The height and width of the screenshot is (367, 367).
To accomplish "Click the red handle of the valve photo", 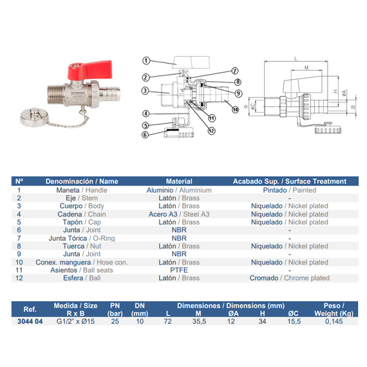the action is point(90,70).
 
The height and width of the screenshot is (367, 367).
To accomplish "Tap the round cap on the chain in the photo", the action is point(34,117).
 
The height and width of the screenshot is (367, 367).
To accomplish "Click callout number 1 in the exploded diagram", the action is point(146,61).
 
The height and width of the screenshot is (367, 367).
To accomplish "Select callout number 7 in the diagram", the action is point(235,71).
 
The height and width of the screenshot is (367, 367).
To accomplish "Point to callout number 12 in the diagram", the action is point(211,131).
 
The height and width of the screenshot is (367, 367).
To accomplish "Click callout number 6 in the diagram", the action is point(145,135).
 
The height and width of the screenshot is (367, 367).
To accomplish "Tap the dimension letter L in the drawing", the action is point(296,59).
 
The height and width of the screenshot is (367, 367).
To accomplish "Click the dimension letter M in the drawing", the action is point(306,68).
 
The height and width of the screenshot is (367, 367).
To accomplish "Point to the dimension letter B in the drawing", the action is point(353,107).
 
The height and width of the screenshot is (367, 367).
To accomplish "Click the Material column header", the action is point(179,181).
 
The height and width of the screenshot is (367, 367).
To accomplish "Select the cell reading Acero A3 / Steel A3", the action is point(179,214).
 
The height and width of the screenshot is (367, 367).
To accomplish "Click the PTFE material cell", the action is point(179,270).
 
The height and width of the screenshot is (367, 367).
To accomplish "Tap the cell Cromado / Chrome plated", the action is point(290,278).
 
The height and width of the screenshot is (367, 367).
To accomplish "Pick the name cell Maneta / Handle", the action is point(82,190).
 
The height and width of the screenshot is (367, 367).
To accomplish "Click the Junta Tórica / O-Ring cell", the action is point(82,238).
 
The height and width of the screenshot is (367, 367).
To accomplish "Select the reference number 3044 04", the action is point(30,321).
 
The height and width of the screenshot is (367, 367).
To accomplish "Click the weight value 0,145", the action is point(334,321).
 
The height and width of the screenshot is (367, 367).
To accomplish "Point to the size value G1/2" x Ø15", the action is point(75,321).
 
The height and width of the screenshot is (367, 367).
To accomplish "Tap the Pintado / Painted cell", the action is point(290,190).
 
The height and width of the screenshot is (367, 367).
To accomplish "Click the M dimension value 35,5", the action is point(199,321).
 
